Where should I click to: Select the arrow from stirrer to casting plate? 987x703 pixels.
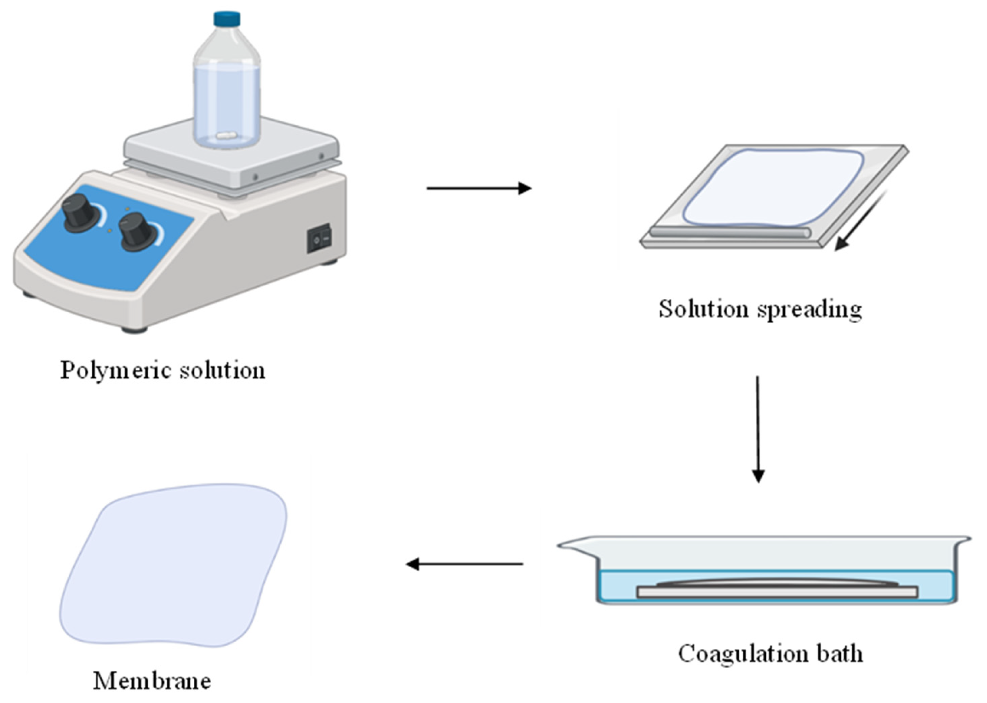[479, 188]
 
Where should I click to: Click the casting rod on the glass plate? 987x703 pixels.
[730, 232]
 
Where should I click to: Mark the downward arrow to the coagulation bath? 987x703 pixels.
[757, 429]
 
